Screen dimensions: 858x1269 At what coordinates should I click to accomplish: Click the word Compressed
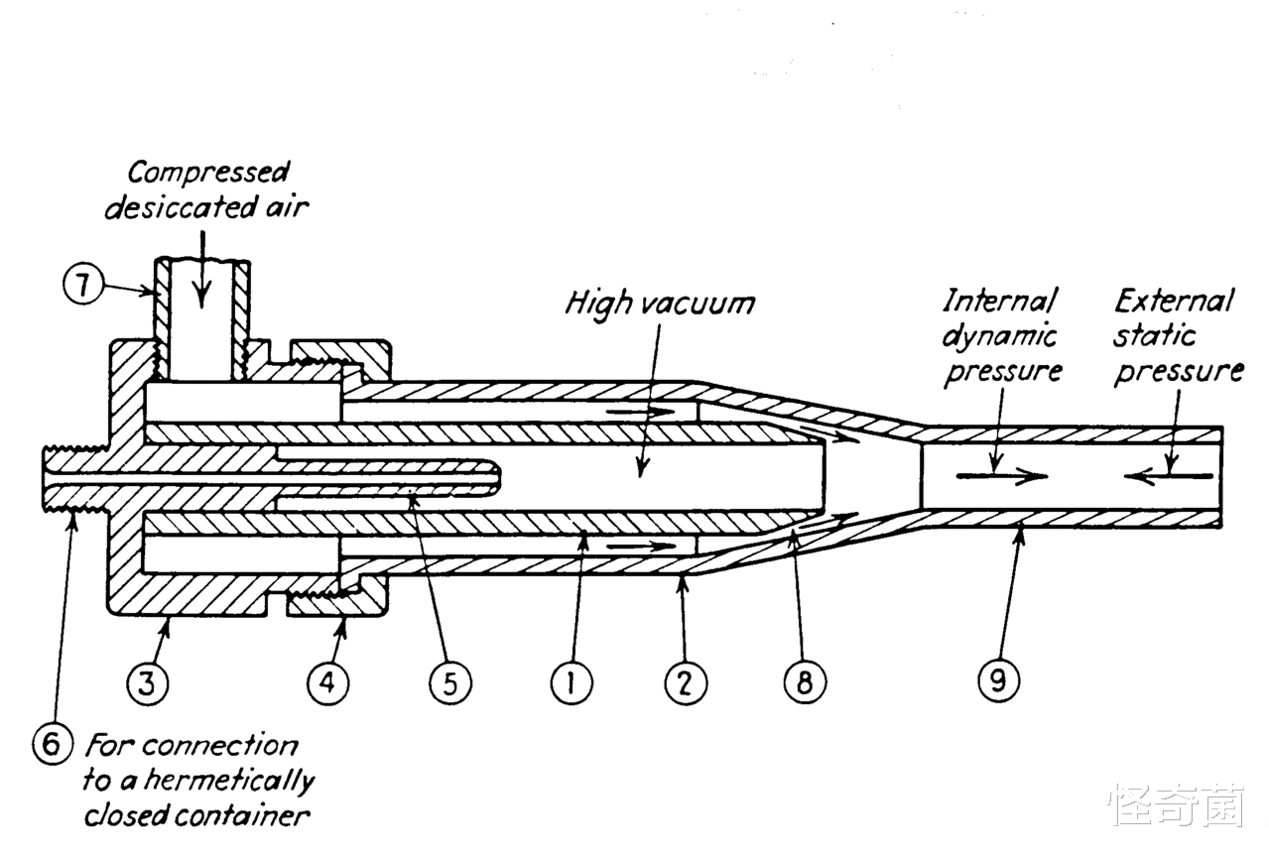pyautogui.click(x=208, y=174)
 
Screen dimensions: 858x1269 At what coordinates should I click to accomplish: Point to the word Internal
pyautogui.click(x=1000, y=301)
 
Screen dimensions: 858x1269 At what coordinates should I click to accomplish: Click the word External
pyautogui.click(x=1174, y=301)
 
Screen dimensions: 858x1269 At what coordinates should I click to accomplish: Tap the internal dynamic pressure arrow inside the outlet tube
pyautogui.click(x=1000, y=476)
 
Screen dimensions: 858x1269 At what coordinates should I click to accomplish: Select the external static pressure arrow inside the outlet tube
pyautogui.click(x=1169, y=476)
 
